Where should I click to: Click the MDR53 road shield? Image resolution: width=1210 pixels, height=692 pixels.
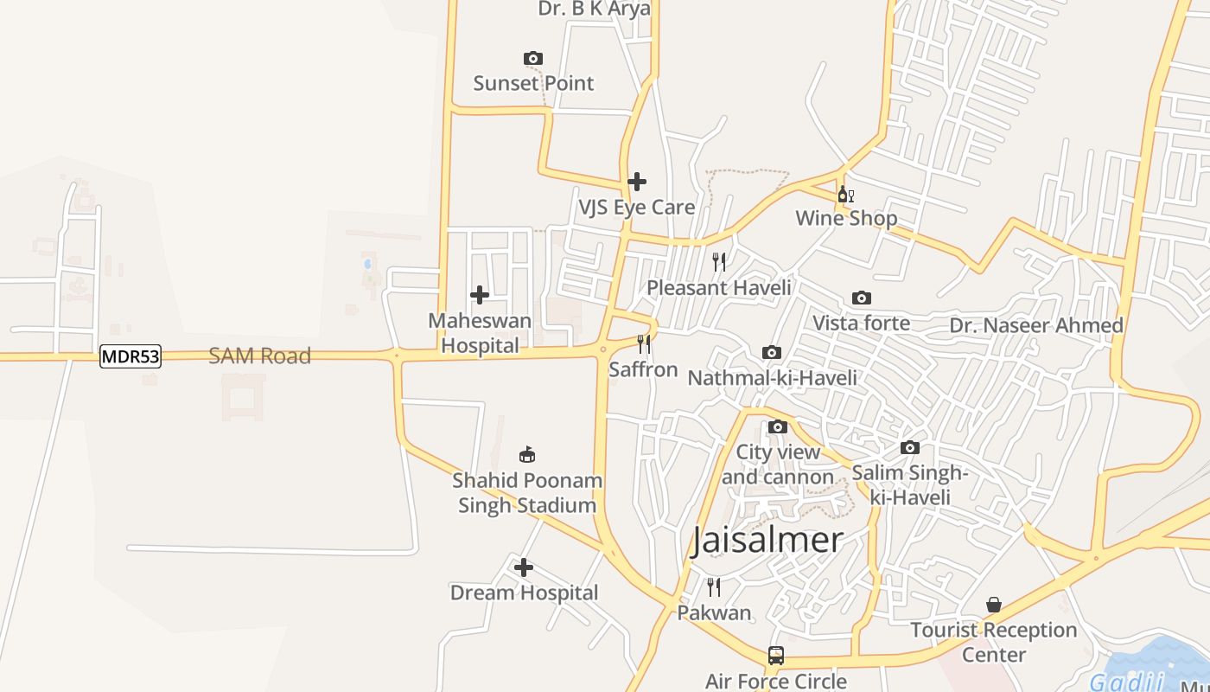[131, 356]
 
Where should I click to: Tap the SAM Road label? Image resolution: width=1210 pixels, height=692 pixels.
[259, 356]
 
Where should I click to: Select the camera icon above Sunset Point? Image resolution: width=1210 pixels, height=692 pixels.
[533, 58]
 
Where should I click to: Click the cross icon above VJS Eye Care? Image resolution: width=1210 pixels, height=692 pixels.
[637, 182]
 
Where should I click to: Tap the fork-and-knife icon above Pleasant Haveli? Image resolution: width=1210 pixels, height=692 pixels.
[718, 261]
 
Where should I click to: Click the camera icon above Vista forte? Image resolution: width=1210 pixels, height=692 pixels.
[862, 298]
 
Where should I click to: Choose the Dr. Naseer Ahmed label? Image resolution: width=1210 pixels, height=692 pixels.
[1036, 325]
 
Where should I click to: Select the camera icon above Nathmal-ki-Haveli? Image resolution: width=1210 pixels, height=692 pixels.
[772, 352]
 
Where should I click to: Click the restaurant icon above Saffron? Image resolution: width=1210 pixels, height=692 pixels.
[643, 344]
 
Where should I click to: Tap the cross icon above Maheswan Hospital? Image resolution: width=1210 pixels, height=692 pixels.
[480, 295]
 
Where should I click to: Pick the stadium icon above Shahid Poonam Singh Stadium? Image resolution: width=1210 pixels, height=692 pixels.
[527, 454]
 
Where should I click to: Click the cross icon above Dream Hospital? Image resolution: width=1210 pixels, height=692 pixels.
[524, 567]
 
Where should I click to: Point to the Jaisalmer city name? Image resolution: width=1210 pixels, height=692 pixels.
[767, 540]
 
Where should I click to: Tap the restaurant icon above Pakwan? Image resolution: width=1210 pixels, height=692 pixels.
[713, 587]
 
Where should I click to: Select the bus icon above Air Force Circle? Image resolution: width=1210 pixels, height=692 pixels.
[776, 656]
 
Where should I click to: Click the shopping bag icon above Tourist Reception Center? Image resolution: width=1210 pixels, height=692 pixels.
[994, 604]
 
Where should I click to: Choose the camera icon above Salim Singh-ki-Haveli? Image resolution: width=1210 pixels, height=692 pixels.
[910, 447]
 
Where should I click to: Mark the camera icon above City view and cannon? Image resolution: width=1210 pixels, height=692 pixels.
[778, 426]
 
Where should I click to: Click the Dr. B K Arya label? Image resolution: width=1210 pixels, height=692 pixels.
[594, 9]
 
